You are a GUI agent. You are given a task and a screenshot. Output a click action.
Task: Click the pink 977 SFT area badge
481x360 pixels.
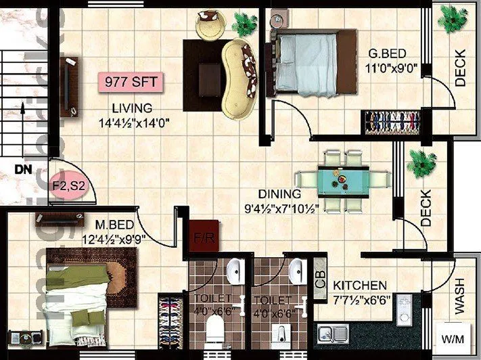(x=131, y=83)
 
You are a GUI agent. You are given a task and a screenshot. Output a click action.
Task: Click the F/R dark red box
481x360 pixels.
(x=201, y=238)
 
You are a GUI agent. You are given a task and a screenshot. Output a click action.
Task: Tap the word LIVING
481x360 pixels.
(x=132, y=108)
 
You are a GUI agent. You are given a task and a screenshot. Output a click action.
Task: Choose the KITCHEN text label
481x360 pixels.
(x=361, y=286)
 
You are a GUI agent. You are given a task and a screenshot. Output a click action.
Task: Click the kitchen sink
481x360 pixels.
(x=332, y=333)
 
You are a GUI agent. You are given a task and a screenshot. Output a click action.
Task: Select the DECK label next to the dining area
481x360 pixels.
(x=425, y=208)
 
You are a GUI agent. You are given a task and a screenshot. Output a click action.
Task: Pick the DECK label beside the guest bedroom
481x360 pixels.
(x=461, y=69)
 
